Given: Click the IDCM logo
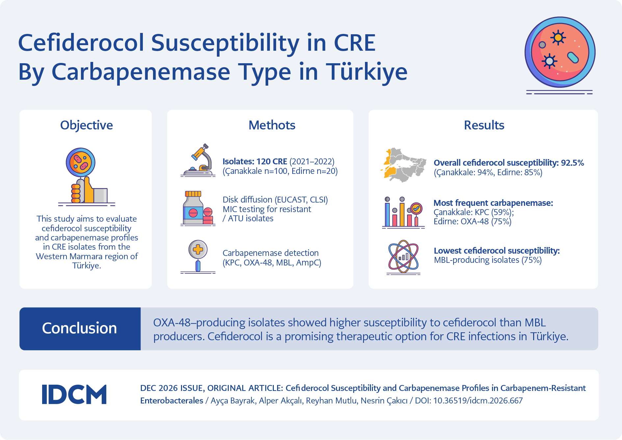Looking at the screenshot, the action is pos(74,394).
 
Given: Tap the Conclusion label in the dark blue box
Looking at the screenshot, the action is pos(79,328).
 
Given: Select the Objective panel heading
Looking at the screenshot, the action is pos(87,125).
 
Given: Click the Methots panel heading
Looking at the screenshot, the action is pos(272,125).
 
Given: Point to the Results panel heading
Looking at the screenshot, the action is pos(484,125).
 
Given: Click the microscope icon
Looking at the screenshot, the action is pos(198,160).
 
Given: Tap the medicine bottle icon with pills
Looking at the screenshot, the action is pos(198,208).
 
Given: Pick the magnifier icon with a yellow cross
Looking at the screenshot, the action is pos(198,257).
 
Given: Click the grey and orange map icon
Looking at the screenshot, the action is pos(403,165).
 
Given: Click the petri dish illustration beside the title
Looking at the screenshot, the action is pos(560,53).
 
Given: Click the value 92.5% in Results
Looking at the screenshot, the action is pos(573,163).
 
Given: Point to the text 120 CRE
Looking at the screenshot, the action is pos(272,161).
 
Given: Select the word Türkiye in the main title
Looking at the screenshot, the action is pos(367,71).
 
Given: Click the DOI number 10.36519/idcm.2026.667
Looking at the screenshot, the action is pos(478,400).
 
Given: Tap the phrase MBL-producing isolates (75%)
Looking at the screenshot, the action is pos(488,260).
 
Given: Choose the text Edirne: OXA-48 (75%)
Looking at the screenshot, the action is pos(473,221).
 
